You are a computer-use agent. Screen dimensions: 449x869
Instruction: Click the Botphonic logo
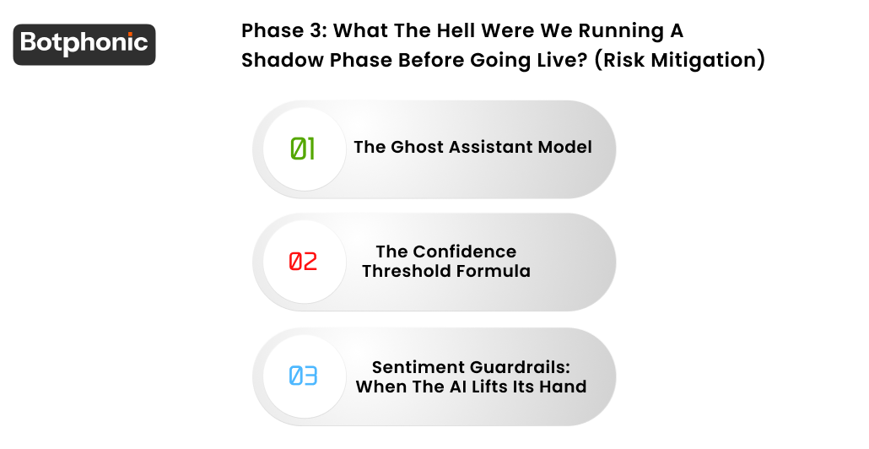tap(84, 44)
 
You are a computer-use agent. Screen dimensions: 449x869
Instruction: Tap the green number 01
tap(303, 149)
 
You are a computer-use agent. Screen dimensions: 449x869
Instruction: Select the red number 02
tap(303, 262)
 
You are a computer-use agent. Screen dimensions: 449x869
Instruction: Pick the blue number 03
tap(303, 376)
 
